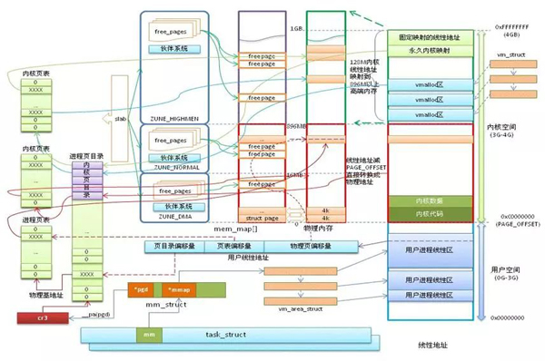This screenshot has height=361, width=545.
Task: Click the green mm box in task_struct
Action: point(148,335)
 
